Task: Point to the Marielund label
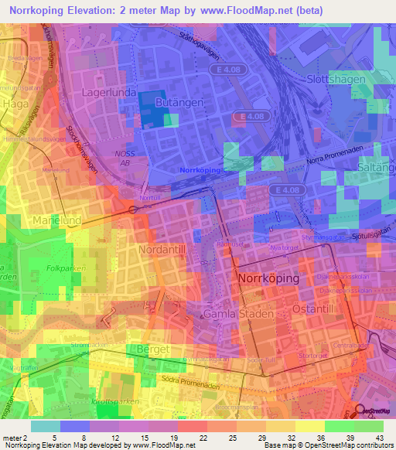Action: (x=58, y=220)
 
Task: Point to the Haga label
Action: (x=15, y=102)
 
